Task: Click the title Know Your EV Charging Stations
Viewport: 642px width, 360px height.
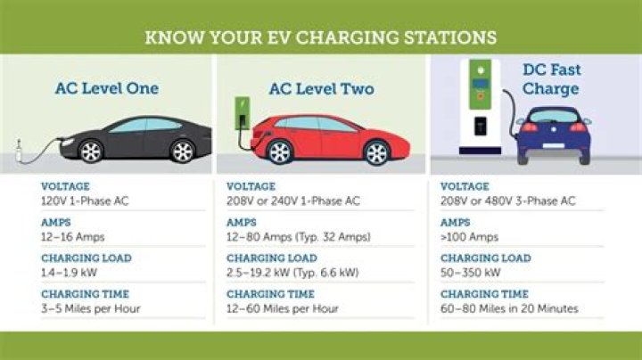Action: [x=320, y=38]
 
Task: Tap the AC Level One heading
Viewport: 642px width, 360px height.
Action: [x=106, y=88]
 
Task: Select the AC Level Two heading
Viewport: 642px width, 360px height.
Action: [x=321, y=88]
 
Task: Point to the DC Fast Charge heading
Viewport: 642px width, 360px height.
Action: [x=550, y=78]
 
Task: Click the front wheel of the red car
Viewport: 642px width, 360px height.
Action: [x=280, y=152]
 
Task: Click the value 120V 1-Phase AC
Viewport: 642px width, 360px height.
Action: [x=85, y=200]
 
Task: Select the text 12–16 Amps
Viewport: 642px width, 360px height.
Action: [x=72, y=236]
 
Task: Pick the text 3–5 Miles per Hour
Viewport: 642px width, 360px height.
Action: [x=90, y=308]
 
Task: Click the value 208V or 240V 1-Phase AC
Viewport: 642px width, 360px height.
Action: [x=292, y=200]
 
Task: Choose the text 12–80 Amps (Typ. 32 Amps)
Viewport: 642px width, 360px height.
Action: [x=298, y=236]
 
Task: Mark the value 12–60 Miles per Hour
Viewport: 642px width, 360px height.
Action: [x=282, y=308]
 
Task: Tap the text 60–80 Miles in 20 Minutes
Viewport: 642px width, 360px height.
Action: [x=509, y=308]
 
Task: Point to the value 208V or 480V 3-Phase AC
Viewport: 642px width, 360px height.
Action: [x=508, y=200]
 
